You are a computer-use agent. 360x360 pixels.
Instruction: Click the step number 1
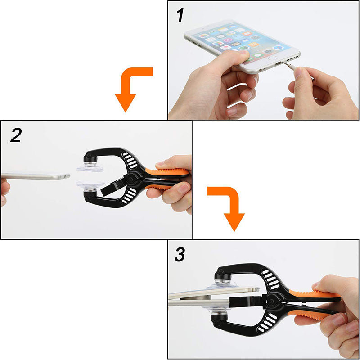pyautogui.click(x=180, y=15)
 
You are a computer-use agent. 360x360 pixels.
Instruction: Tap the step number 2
pyautogui.click(x=16, y=135)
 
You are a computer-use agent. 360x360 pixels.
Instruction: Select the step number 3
pyautogui.click(x=180, y=254)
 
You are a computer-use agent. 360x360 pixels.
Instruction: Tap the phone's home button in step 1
pyautogui.click(x=273, y=58)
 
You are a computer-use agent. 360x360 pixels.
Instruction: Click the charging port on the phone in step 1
pyautogui.click(x=278, y=63)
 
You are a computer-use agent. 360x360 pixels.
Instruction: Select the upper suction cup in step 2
pyautogui.click(x=90, y=167)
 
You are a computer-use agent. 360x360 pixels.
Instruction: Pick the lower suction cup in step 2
pyautogui.click(x=90, y=184)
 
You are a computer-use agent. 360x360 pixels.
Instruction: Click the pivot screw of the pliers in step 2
pyautogui.click(x=132, y=179)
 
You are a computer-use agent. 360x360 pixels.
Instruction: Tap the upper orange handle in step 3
pyautogui.click(x=315, y=295)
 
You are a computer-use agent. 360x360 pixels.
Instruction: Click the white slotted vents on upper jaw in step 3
pyautogui.click(x=271, y=279)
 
